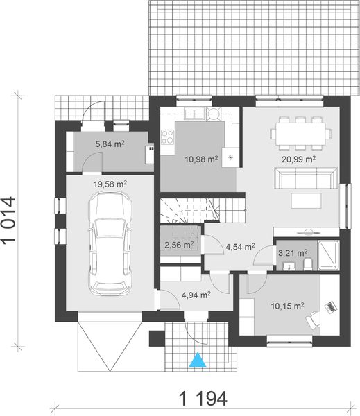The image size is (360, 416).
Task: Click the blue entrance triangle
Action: click(198, 360)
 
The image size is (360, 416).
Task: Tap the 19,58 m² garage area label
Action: click(110, 184)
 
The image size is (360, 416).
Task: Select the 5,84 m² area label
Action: click(110, 144)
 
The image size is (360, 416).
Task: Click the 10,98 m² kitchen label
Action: click(202, 159)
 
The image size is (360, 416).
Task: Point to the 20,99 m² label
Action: click(299, 159)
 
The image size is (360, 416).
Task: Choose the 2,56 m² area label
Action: click(179, 245)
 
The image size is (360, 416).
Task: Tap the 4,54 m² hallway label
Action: click(240, 247)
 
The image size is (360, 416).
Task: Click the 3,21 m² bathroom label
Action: click(293, 253)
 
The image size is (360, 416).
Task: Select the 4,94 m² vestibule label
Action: click(196, 295)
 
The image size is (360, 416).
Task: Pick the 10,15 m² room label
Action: click(288, 306)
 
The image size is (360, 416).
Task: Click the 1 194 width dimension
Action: click(204, 398)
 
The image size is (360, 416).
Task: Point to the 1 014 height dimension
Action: click(8, 219)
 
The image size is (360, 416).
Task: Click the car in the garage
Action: click(110, 243)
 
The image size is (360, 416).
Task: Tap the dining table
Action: click(301, 134)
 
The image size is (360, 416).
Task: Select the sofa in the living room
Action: click(306, 177)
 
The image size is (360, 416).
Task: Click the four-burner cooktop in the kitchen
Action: click(168, 137)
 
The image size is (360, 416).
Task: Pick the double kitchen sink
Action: click(195, 114)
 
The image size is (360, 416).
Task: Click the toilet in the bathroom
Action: click(308, 264)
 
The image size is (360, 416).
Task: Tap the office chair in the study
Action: click(313, 320)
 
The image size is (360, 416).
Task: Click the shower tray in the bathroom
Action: click(329, 255)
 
